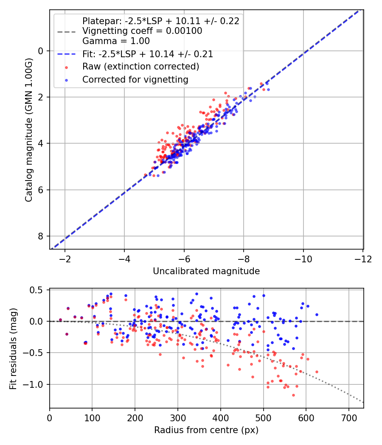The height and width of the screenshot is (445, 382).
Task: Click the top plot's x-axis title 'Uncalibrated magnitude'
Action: coord(206,271)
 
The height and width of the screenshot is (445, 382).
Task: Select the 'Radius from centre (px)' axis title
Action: coord(206,430)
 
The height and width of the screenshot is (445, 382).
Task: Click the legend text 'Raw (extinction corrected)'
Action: coord(140,67)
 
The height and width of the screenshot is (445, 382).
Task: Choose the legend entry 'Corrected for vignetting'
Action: coord(135,79)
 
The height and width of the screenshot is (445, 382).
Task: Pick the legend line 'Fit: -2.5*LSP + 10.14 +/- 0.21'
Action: coord(148,54)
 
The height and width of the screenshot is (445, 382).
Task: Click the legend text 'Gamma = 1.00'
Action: coord(116,41)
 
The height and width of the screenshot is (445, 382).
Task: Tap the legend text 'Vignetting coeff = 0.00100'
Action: coord(142,31)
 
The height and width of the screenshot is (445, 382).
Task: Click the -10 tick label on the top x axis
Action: coord(303,259)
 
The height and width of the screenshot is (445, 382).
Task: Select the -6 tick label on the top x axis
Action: coord(184,259)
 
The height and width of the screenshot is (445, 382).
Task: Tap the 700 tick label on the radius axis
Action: coord(348,418)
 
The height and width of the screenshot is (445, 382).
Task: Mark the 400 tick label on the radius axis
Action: coord(220,418)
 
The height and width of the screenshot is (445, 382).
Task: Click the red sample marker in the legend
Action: coord(66,67)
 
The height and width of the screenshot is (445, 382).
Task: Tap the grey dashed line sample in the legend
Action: coord(66,31)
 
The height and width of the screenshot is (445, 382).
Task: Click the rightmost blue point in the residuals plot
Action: coord(317,314)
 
